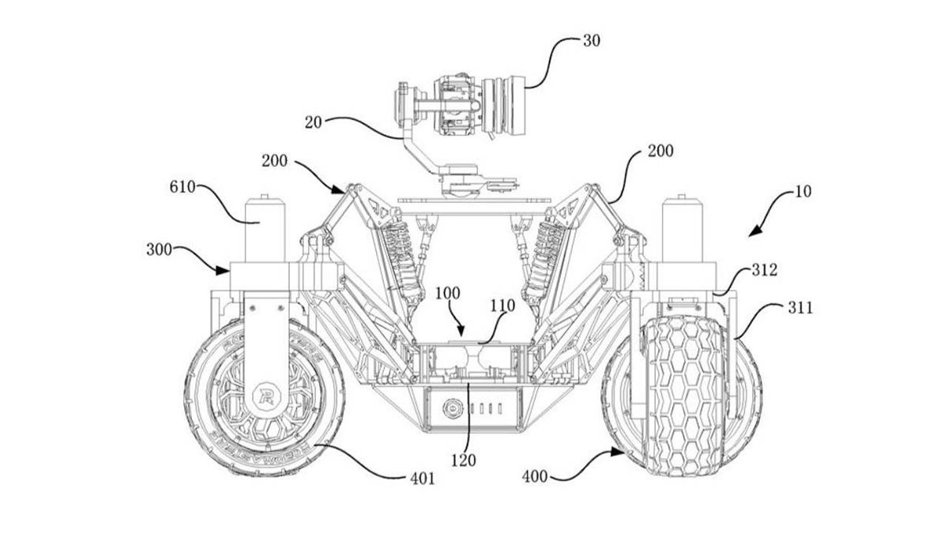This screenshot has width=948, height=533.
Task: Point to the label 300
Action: [161, 251]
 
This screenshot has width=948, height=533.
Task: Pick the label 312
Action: [765, 270]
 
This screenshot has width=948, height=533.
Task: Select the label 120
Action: [465, 459]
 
